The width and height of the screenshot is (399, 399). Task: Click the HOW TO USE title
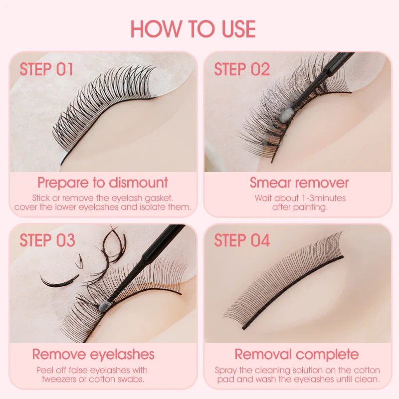click(x=193, y=29)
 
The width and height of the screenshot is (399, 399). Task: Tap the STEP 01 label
click(x=46, y=69)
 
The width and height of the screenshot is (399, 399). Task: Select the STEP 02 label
click(x=242, y=69)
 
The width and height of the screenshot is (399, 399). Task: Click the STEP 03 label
click(x=47, y=240)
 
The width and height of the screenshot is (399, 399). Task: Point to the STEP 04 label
click(x=242, y=240)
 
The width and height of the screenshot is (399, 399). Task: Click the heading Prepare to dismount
click(x=103, y=183)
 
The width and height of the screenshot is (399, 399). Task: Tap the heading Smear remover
click(x=299, y=183)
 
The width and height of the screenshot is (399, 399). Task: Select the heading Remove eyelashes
click(x=93, y=355)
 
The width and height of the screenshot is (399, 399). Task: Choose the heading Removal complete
click(x=297, y=355)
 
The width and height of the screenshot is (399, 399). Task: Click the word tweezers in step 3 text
click(x=54, y=379)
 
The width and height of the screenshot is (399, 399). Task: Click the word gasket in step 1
click(x=174, y=198)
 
